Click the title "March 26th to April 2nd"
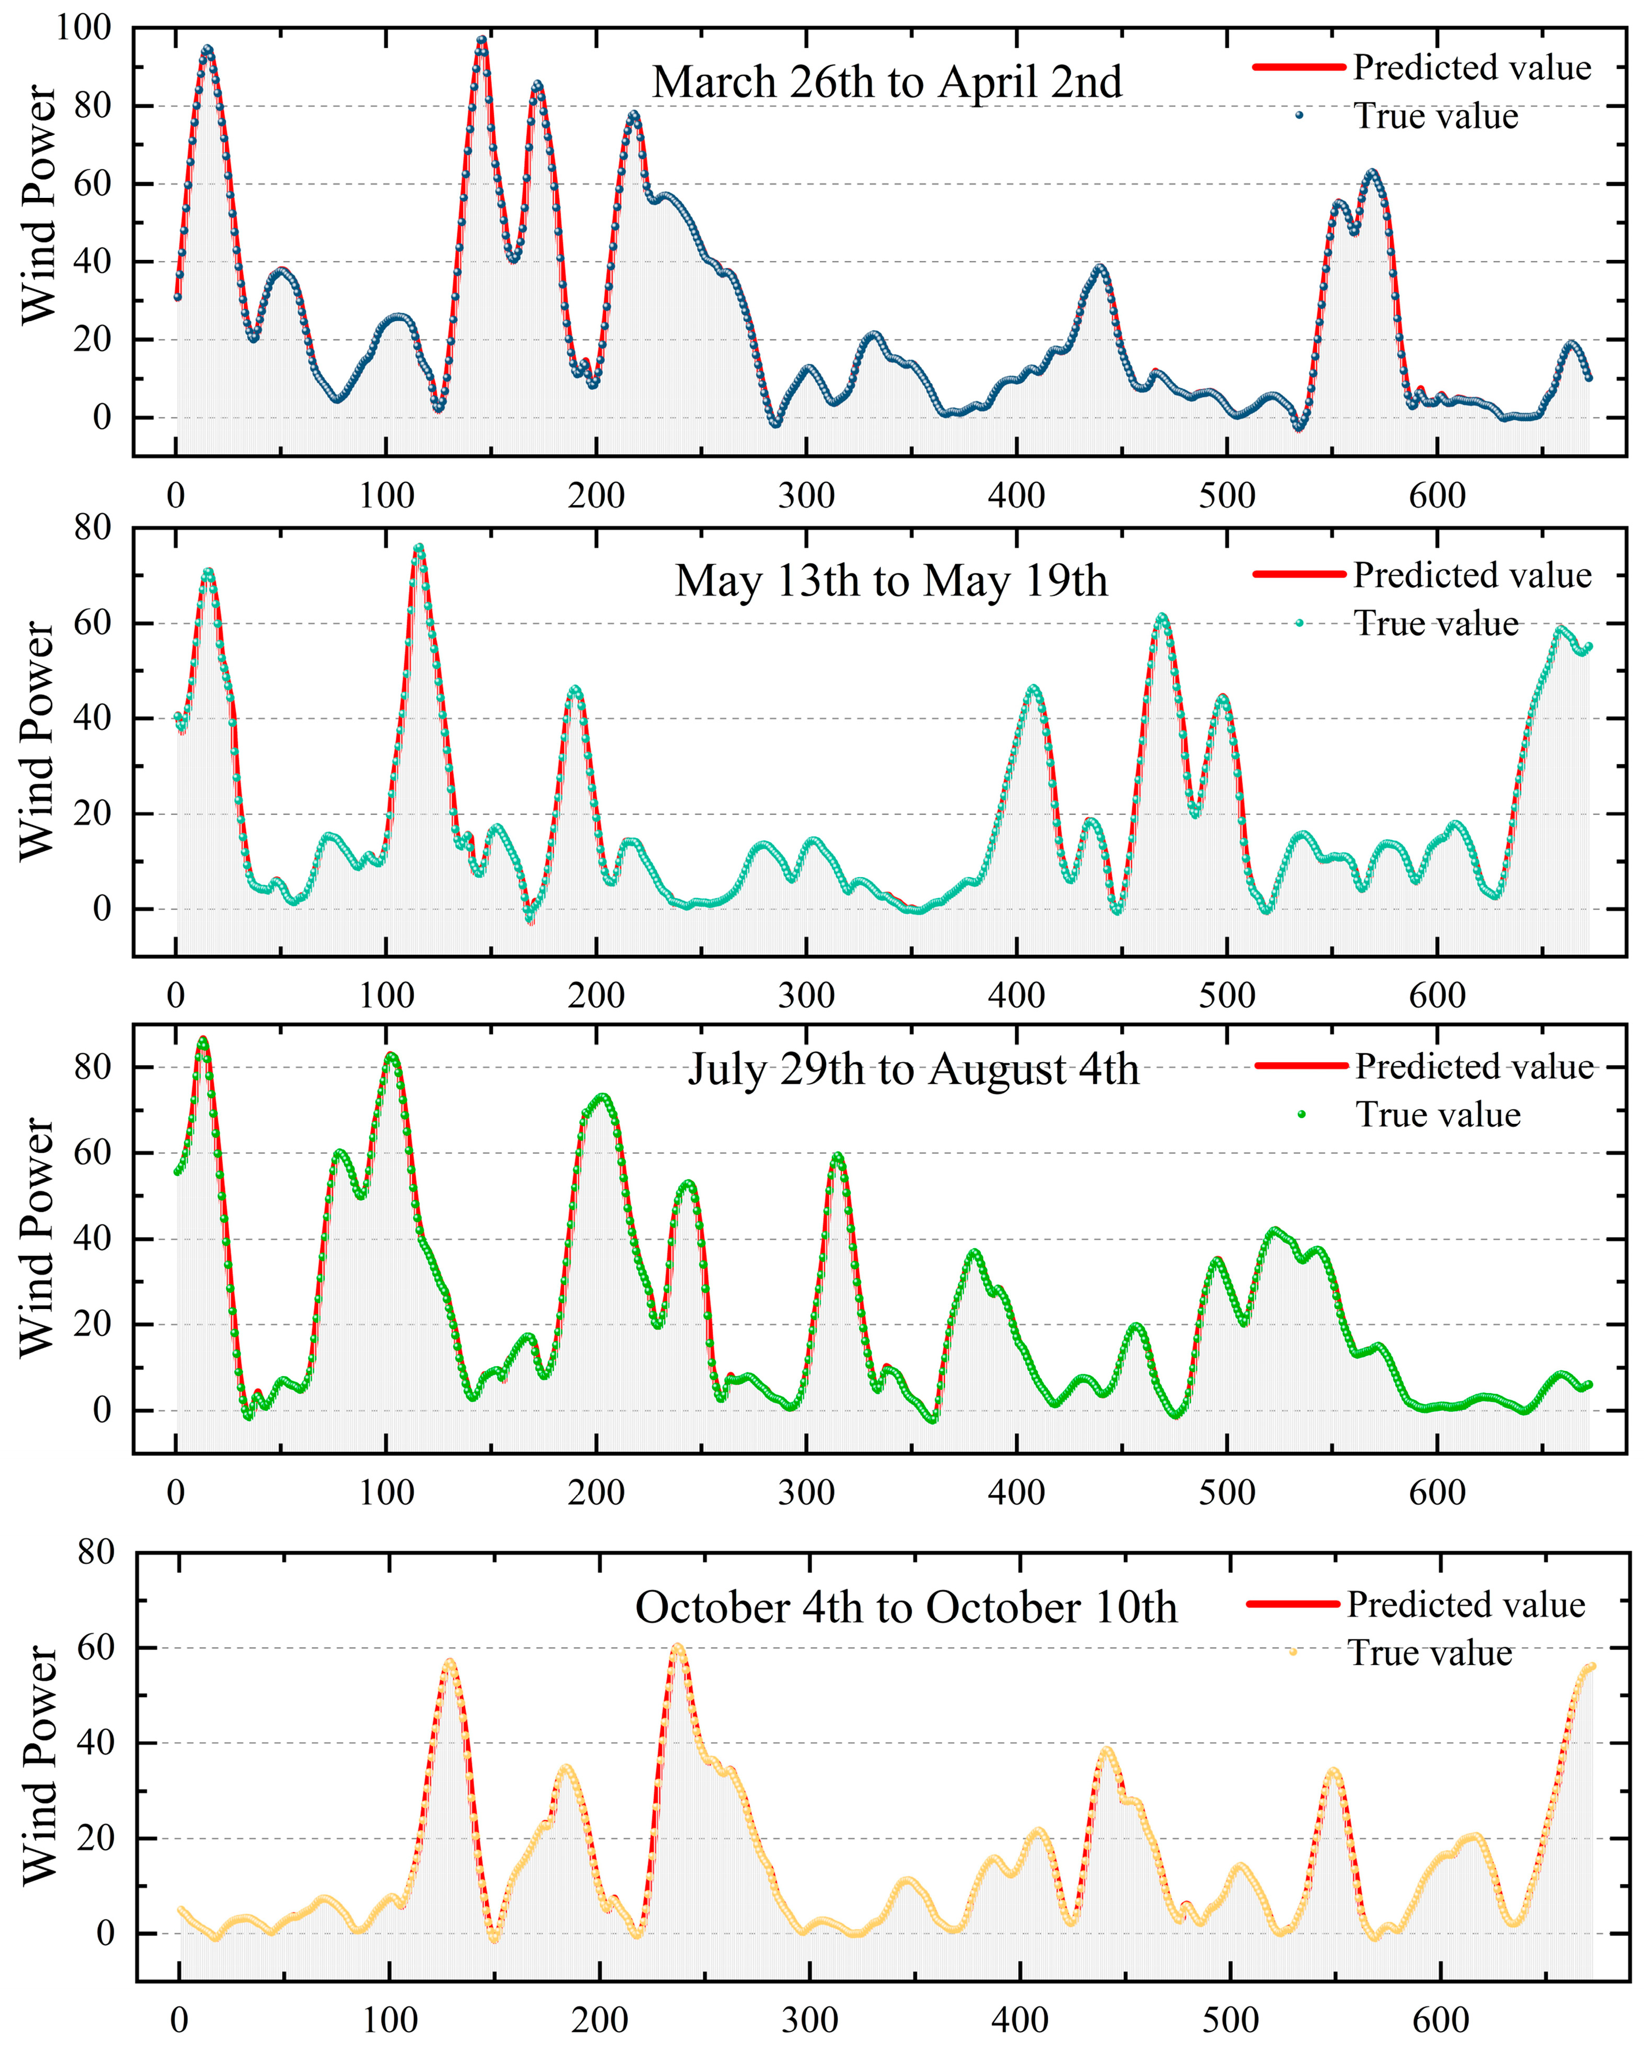pos(887,82)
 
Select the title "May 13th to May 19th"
pos(890,581)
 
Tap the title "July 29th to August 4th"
pos(912,1070)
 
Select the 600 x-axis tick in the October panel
pos(1441,2019)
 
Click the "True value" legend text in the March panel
pos(1435,116)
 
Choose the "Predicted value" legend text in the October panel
pos(1466,1605)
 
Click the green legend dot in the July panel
pos(1301,1114)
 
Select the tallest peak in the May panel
pos(418,547)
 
